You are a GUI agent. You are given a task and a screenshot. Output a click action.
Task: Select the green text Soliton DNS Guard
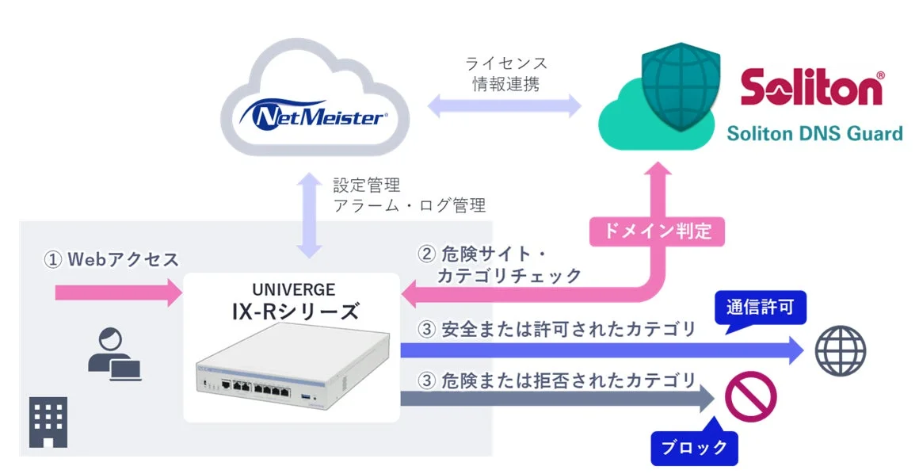click(814, 134)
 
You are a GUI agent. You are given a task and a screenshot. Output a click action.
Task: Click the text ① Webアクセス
click(111, 259)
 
